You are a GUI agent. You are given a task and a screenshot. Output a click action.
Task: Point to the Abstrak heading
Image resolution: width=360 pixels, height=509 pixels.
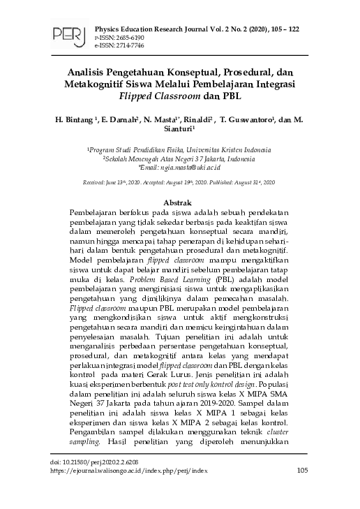(x=180, y=201)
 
